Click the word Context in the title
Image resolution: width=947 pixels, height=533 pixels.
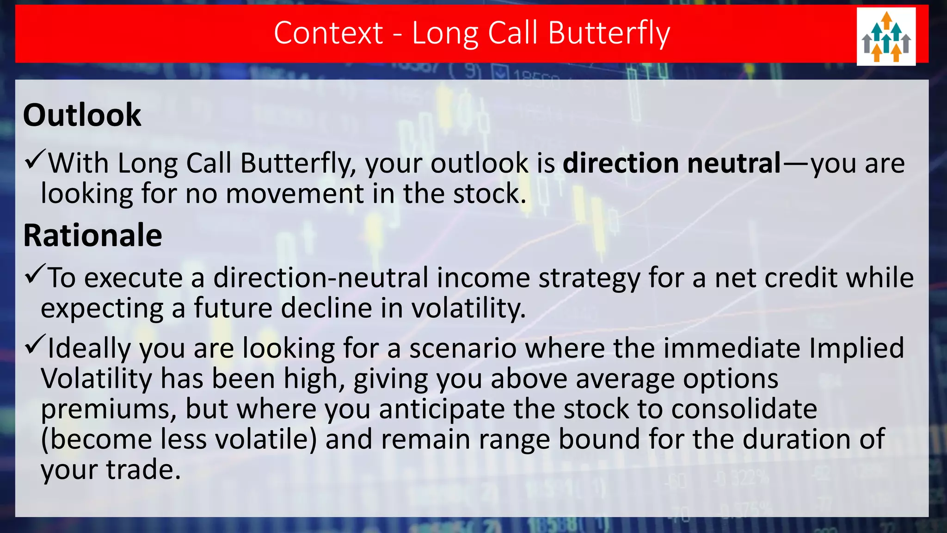coord(328,33)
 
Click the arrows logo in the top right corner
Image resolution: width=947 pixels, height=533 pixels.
coord(886,37)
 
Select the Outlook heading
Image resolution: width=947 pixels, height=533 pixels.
coord(82,115)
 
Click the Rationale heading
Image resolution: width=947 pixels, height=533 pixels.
coord(92,236)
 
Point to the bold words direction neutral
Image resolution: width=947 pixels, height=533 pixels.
coord(671,163)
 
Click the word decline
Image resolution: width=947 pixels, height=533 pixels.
coord(326,308)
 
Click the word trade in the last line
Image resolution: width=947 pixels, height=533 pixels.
coord(143,470)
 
